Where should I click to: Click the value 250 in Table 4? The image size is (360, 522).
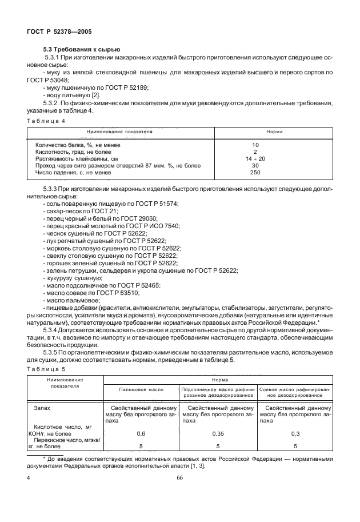click(255, 173)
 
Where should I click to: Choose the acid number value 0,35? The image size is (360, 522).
click(217, 435)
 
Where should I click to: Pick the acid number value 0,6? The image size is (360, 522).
click(141, 435)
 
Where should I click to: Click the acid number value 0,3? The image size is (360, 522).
click(295, 435)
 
